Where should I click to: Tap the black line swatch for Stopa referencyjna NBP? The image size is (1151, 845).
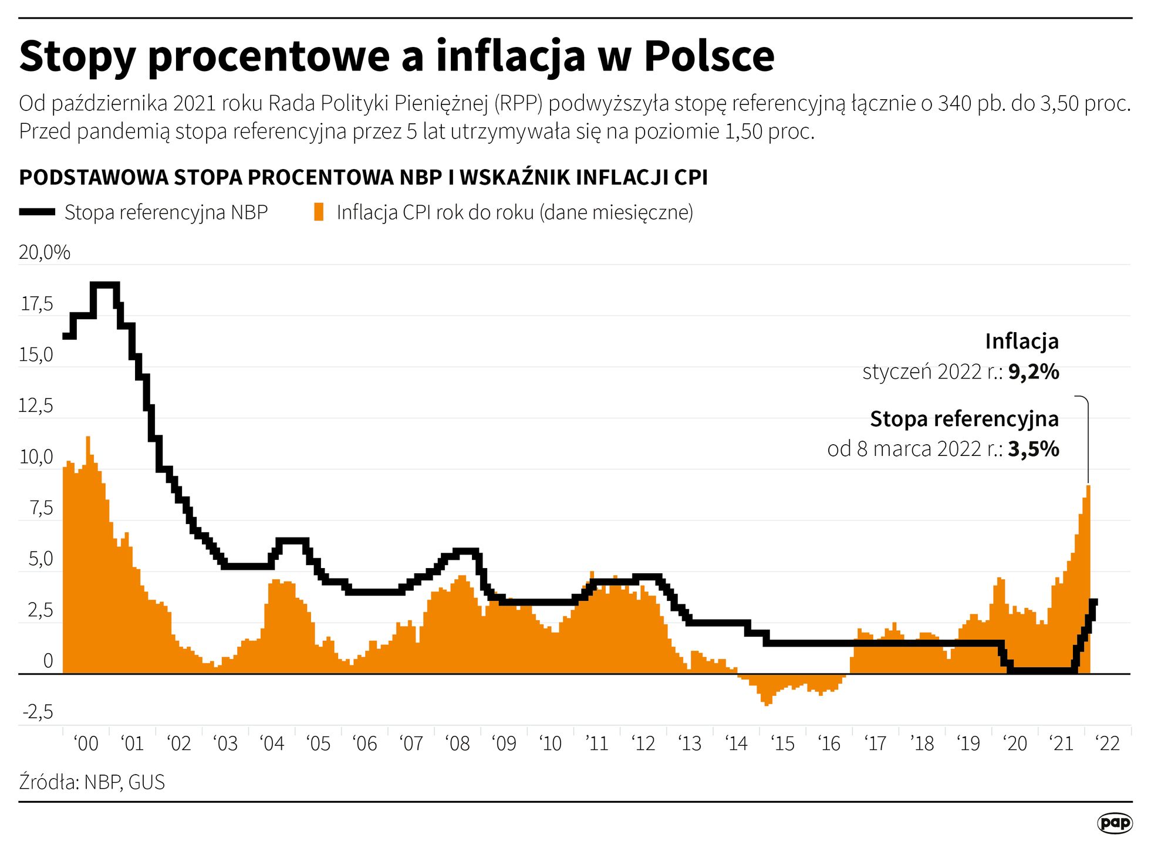point(37,212)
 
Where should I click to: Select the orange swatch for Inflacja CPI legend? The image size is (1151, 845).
point(319,212)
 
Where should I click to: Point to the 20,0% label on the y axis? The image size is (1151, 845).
point(45,253)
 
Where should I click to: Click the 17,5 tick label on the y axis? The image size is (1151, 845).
point(37,304)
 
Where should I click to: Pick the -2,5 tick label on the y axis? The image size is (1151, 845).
point(38,712)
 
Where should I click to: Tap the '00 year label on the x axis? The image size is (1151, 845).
point(86,744)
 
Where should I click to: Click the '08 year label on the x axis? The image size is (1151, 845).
point(458,744)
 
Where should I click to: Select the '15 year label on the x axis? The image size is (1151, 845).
point(782,744)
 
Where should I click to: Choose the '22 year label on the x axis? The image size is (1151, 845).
point(1108,744)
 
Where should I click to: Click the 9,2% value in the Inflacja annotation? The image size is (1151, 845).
point(1034,372)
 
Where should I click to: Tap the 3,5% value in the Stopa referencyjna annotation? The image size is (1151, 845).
point(1034,449)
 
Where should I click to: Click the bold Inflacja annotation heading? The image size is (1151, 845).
point(1021,342)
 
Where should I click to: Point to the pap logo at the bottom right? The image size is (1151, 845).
point(1114,823)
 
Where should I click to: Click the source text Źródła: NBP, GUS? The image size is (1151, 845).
point(92,782)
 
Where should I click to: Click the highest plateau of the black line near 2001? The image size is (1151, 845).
point(105,285)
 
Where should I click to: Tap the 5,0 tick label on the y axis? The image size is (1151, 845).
point(40,559)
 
